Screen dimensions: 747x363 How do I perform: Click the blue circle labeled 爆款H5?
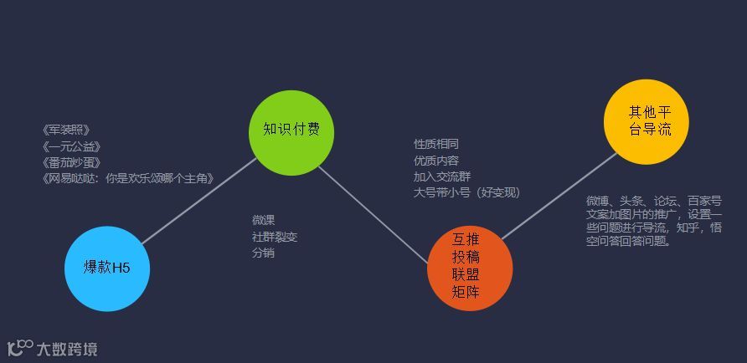tap(106, 268)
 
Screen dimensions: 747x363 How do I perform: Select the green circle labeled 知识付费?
tap(291, 130)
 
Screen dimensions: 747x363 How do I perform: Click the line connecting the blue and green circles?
tap(199, 201)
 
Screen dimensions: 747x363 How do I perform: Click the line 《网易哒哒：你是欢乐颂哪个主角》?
tap(128, 178)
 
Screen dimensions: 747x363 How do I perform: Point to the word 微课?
tap(264, 220)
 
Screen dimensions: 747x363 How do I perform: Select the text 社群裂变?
tap(275, 237)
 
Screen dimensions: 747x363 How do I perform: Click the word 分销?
tap(264, 253)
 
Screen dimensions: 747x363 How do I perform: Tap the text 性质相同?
tap(436, 145)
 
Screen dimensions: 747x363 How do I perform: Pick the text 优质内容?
tap(436, 161)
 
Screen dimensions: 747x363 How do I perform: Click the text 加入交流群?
tap(442, 176)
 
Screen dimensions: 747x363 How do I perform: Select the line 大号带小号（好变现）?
tap(466, 192)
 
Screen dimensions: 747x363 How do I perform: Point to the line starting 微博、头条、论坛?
tap(653, 201)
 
